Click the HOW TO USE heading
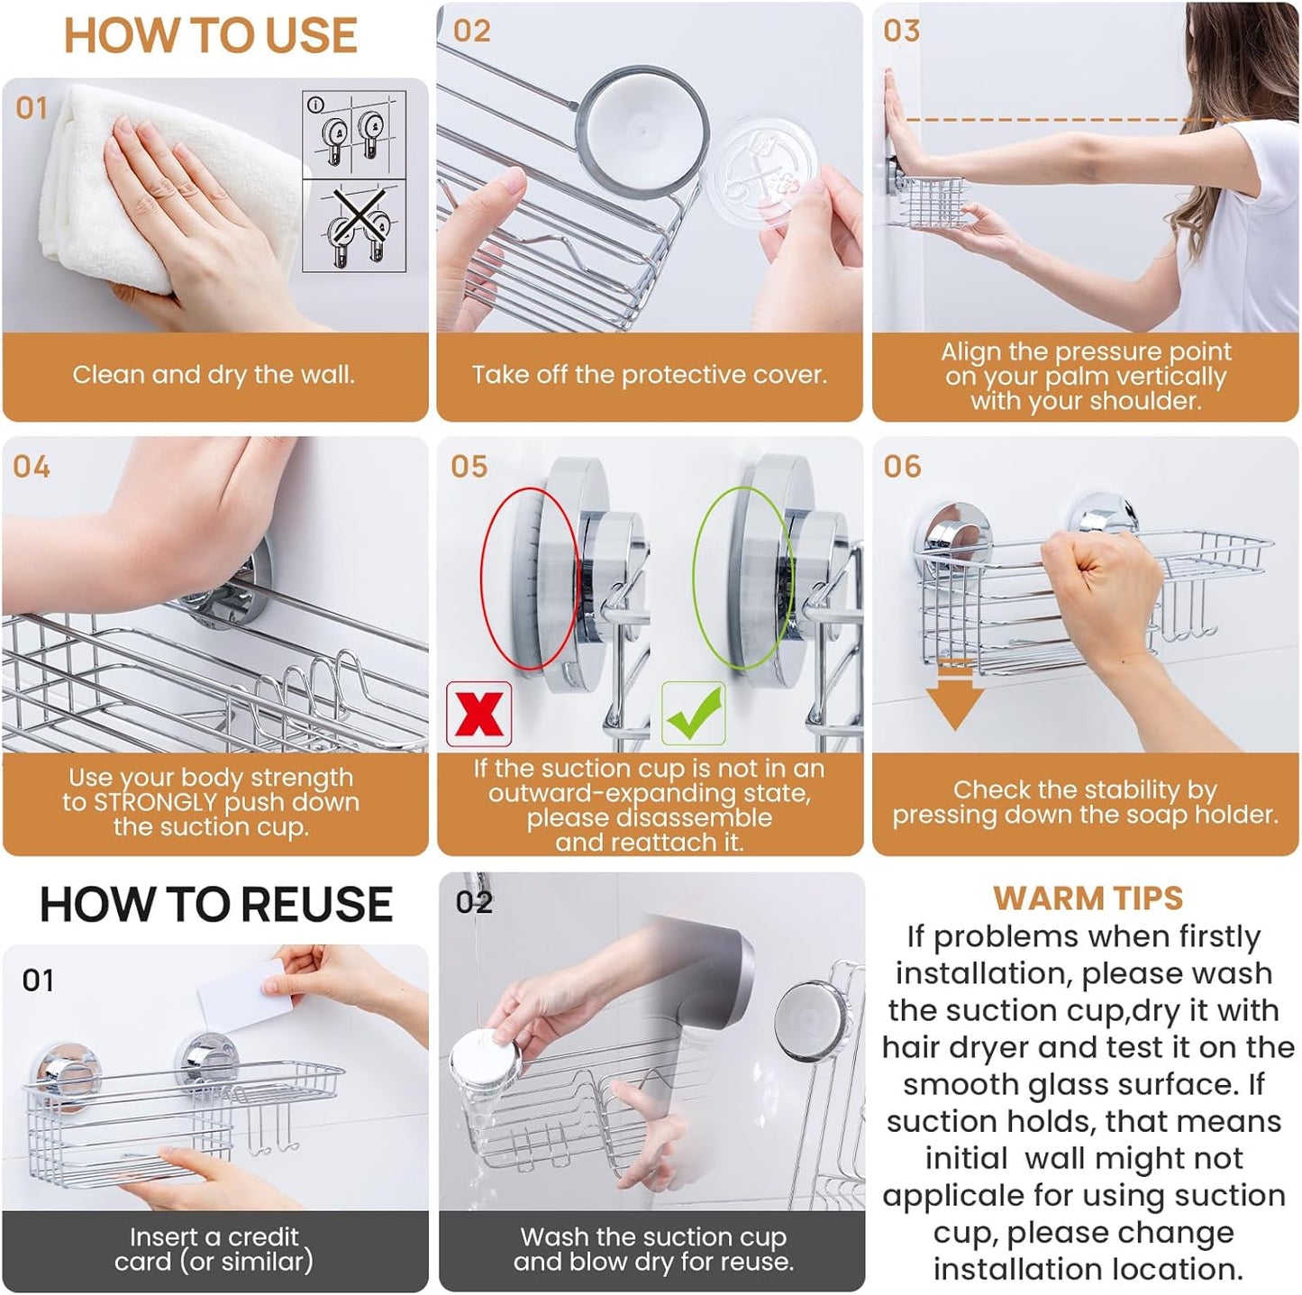click(x=210, y=37)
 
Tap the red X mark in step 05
click(x=478, y=714)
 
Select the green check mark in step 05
click(x=693, y=713)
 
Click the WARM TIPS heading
click(x=1088, y=898)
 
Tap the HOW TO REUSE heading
click(x=216, y=904)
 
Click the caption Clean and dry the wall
click(x=214, y=375)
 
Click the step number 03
click(x=901, y=31)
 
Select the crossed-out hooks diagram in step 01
click(x=354, y=227)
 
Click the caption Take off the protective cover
click(x=649, y=375)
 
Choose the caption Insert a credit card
click(x=214, y=1248)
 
